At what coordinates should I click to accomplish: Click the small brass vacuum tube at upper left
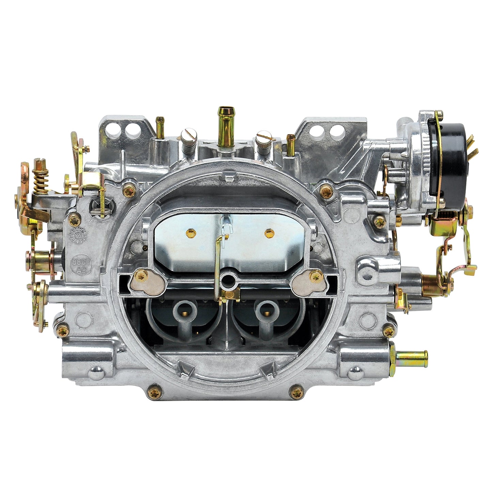pos(159,126)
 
